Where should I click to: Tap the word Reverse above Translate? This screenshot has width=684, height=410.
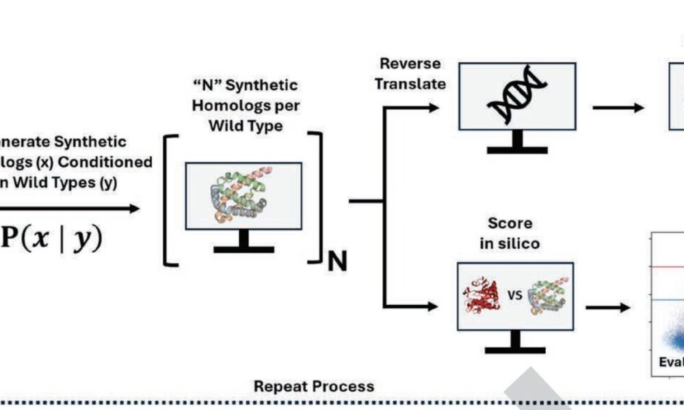410,64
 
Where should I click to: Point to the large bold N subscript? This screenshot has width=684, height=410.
337,260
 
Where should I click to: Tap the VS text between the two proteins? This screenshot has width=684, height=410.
516,296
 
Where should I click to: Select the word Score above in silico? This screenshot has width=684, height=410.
510,223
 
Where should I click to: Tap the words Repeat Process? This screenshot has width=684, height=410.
314,387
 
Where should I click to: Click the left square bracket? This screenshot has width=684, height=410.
171,198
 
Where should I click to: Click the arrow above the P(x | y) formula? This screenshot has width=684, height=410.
68,208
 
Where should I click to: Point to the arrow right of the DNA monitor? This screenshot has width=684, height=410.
618,107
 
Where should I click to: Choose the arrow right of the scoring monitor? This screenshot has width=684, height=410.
607,307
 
